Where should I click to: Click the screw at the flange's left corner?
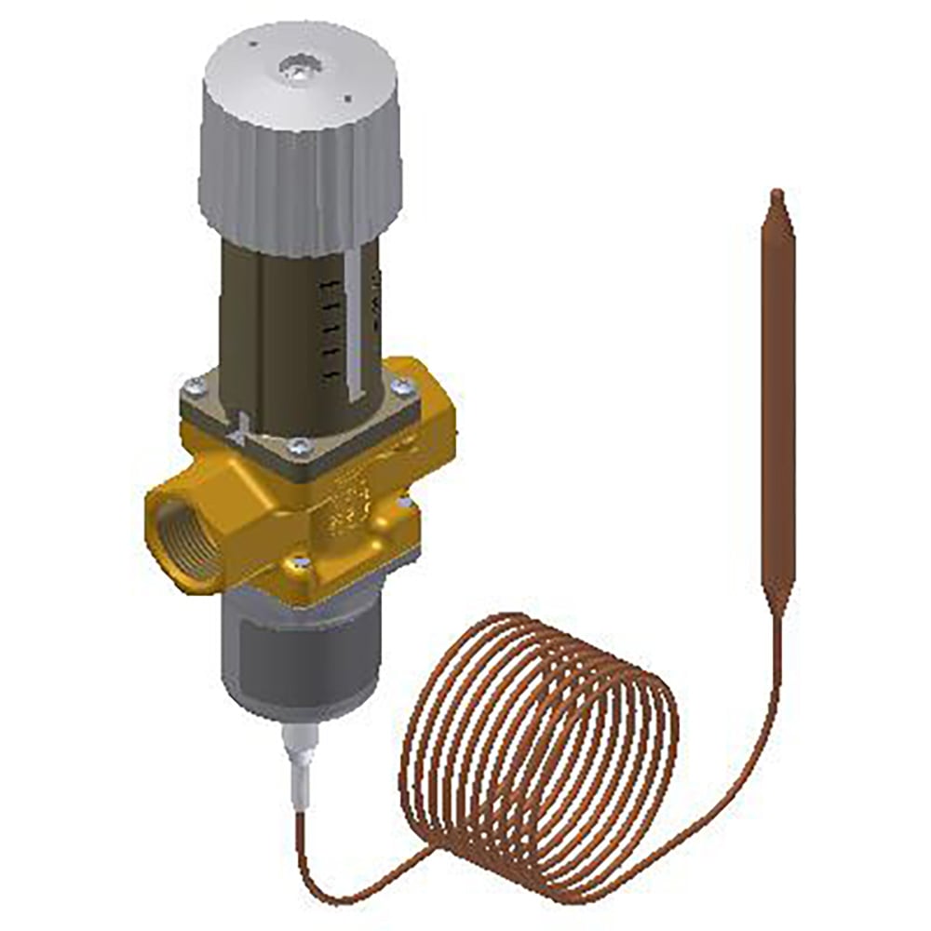tap(194, 384)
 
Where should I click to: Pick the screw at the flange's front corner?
tap(298, 448)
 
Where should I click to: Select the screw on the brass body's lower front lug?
tap(301, 562)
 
